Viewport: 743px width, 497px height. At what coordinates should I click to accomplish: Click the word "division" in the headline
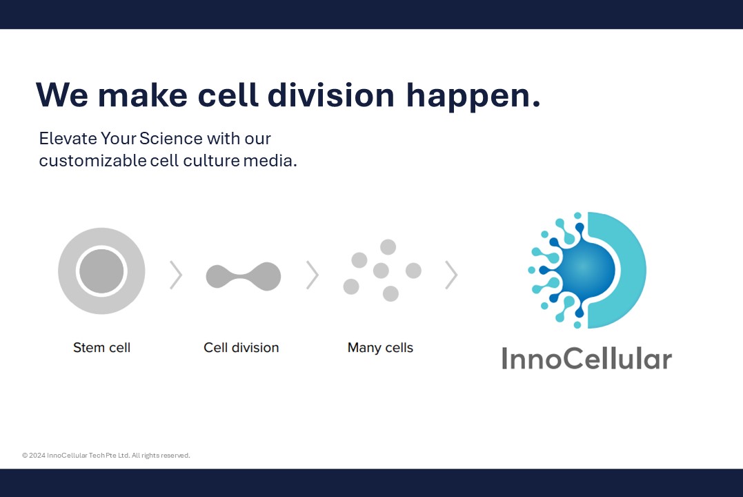(x=330, y=95)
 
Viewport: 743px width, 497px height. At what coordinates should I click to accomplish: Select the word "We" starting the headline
(x=62, y=95)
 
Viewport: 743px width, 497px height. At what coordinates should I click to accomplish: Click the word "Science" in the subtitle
(x=171, y=139)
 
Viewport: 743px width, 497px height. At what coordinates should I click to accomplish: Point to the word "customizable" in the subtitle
(x=93, y=161)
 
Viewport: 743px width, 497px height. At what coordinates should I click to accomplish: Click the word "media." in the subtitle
(x=270, y=161)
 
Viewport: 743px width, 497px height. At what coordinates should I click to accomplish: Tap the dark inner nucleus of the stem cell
(x=101, y=271)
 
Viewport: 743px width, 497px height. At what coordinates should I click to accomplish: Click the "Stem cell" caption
(x=102, y=348)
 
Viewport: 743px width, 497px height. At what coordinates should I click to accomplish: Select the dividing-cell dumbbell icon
(x=244, y=276)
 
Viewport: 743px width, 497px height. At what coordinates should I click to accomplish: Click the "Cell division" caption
(x=241, y=348)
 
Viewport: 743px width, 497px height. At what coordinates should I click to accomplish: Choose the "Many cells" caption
(x=381, y=348)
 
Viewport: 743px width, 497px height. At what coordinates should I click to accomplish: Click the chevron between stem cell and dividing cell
(x=177, y=275)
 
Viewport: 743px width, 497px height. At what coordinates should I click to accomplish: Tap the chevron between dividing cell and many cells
(x=313, y=275)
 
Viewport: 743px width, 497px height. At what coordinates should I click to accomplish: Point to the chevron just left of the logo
(x=452, y=275)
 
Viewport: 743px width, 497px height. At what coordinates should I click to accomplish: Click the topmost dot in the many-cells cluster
(x=388, y=247)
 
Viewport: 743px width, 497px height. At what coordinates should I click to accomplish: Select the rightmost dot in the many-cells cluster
(x=414, y=271)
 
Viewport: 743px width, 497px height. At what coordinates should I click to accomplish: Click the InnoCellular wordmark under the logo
(x=586, y=358)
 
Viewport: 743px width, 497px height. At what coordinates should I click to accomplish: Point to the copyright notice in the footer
(x=106, y=456)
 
